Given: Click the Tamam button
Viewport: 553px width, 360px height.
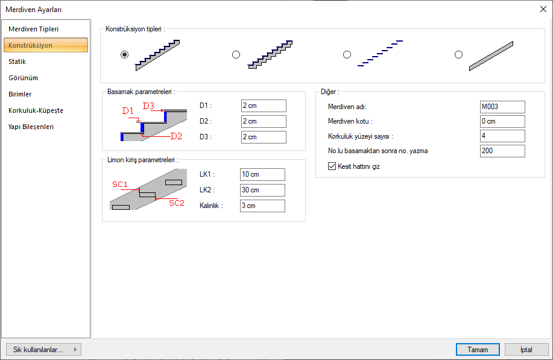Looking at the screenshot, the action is point(478,349).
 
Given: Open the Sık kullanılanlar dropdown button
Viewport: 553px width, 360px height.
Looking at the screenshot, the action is point(44,349).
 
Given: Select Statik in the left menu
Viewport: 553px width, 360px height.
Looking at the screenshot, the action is point(17,62).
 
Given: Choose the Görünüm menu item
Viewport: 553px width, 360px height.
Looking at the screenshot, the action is point(24,78).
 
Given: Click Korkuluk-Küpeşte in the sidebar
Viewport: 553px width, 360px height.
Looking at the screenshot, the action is point(36,110).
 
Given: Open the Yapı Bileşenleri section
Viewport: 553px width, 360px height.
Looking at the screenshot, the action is point(31,127).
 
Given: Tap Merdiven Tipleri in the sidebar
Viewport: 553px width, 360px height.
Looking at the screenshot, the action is point(34,29).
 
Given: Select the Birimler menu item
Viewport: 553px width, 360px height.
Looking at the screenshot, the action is point(20,94).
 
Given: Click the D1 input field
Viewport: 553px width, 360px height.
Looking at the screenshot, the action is point(264,106).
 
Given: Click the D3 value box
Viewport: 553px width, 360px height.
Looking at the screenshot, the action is point(264,137).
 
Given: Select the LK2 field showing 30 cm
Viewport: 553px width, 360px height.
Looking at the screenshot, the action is point(262,190).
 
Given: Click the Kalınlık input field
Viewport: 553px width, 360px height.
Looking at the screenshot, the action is point(262,206).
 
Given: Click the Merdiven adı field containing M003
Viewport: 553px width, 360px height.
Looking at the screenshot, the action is point(502,107).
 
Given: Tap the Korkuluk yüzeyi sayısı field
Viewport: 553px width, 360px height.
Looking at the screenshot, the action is point(502,136).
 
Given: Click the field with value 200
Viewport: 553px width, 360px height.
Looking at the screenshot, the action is point(502,151).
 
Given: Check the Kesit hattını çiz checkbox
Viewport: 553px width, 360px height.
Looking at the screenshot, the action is point(332,166).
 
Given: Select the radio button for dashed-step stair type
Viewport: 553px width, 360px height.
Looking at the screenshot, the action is point(347,55).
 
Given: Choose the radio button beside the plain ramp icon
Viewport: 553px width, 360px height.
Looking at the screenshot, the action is point(458,55).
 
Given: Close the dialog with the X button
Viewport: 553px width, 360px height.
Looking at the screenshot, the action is point(543,9).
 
